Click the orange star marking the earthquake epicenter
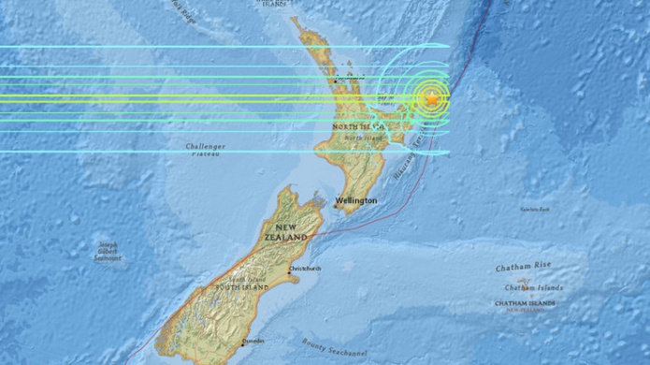pos(431,97)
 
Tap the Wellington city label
pos(357,200)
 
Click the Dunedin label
pos(253,343)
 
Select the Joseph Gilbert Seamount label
pos(108,251)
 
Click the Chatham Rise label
pos(523,268)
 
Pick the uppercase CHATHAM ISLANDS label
pos(526,302)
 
